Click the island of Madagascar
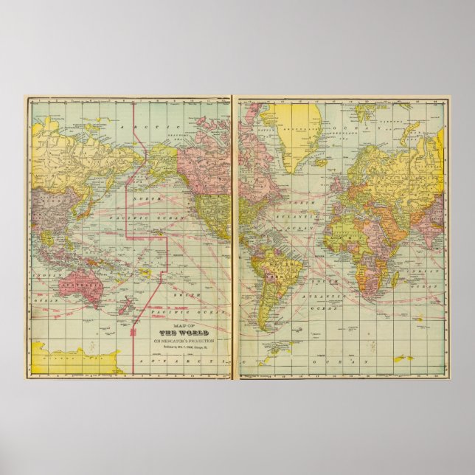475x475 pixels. click(x=396, y=279)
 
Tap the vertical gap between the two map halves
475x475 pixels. click(x=232, y=236)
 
